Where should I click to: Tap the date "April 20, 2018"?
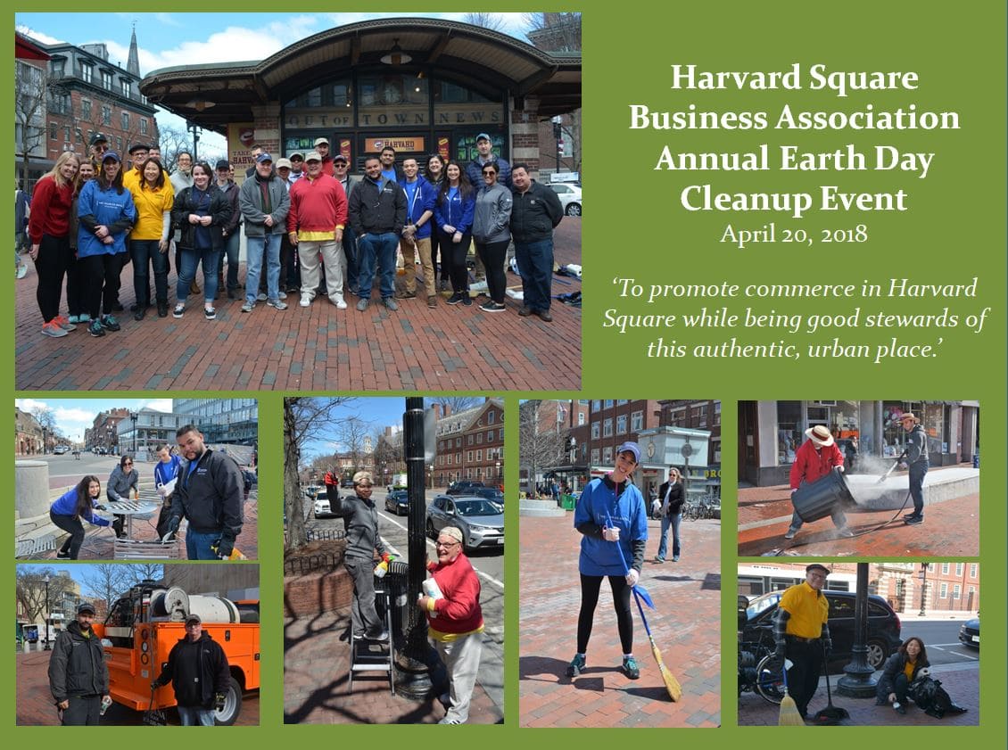point(794,234)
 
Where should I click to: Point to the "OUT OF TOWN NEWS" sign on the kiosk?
point(394,118)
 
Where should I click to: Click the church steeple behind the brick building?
point(133,52)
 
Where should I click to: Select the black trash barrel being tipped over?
point(822,496)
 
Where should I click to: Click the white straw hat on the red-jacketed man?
point(819,435)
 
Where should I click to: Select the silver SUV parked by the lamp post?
point(464,520)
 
